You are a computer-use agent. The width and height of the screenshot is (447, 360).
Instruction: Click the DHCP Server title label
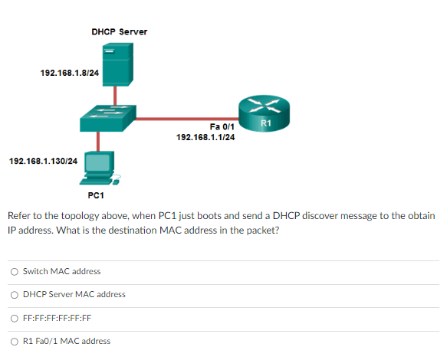coord(119,31)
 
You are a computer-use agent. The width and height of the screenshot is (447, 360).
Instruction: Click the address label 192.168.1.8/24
coord(69,74)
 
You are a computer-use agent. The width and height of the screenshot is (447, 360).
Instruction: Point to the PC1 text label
coord(96,195)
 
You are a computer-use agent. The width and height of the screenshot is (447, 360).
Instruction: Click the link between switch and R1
coord(184,119)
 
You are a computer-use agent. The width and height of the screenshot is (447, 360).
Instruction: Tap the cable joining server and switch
coord(115,94)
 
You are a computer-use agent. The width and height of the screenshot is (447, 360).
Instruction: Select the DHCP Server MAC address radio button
coord(15,294)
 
